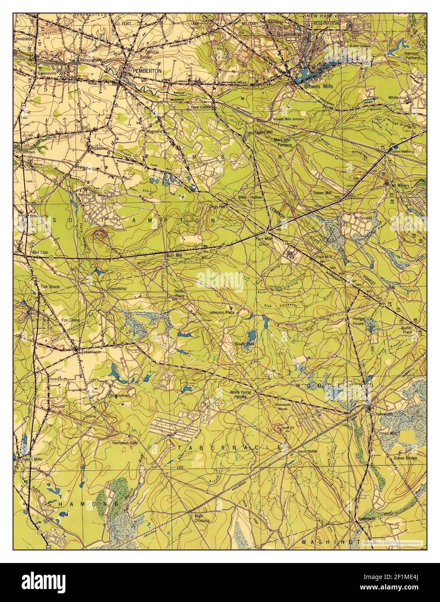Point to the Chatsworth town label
pos(383,414)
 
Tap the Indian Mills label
pos(34,460)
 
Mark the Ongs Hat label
pos(217,207)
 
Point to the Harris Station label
pos(307,452)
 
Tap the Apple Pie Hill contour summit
pos(277,429)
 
